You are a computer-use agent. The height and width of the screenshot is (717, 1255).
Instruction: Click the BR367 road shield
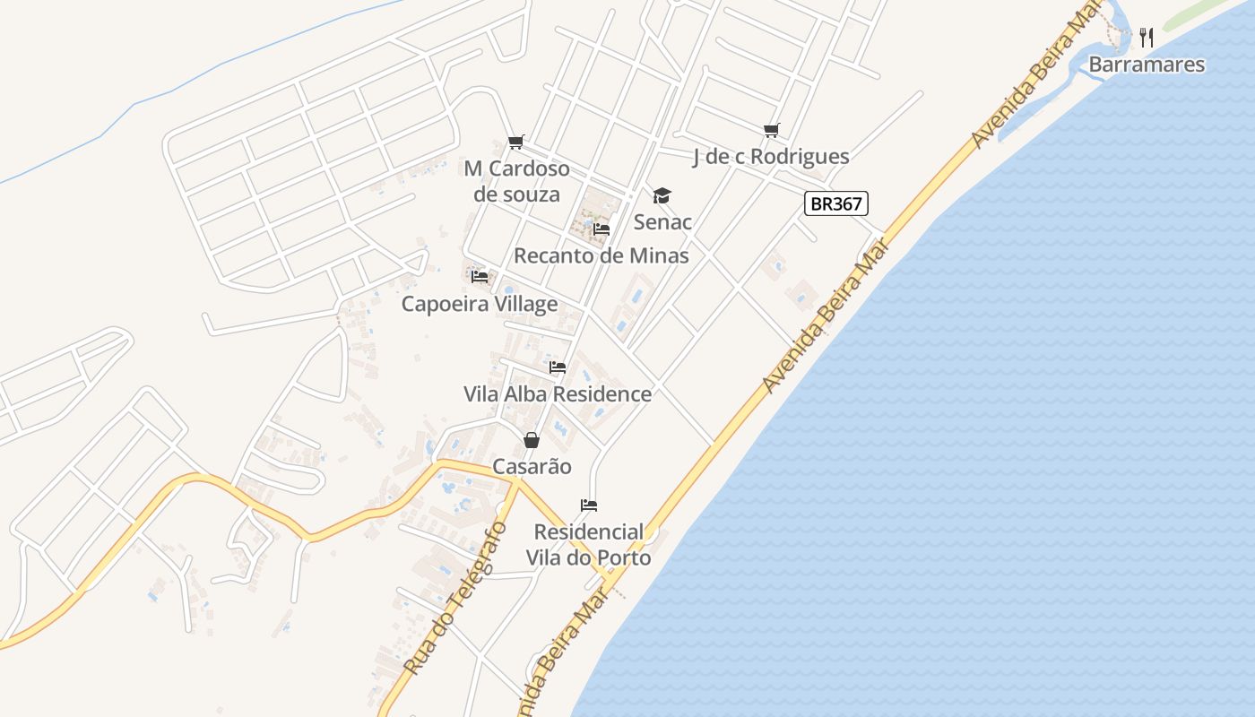pos(835,203)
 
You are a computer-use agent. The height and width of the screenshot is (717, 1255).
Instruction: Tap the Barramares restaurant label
pos(1147,65)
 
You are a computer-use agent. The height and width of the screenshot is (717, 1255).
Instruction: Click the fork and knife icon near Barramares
pos(1147,37)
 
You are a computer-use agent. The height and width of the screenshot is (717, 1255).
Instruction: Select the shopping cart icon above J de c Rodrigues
pos(772,131)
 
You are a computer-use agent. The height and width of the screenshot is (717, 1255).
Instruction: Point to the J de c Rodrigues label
pos(771,157)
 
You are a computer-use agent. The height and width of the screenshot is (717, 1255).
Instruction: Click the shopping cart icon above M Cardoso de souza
pos(515,143)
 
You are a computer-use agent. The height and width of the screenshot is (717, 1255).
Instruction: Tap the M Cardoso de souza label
pos(516,181)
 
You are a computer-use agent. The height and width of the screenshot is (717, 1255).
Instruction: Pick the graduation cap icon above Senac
pos(662,195)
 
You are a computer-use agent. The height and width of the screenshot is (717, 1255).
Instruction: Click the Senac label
pos(662,221)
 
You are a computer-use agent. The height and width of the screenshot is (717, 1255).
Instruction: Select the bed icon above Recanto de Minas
pos(602,229)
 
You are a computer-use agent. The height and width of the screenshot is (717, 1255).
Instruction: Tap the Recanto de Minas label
pos(601,255)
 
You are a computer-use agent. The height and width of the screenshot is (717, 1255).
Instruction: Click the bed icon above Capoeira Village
pos(480,277)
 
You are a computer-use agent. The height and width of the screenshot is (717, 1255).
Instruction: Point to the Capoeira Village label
pos(479,304)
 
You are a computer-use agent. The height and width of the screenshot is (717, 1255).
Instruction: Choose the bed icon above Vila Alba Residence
pos(558,367)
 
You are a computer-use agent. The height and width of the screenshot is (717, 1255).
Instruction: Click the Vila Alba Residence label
pos(557,394)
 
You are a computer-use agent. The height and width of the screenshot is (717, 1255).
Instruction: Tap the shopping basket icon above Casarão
pos(532,440)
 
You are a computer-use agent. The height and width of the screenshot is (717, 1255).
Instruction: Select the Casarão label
pos(532,467)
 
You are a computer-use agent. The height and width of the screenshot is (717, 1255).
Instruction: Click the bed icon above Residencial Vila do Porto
pos(589,505)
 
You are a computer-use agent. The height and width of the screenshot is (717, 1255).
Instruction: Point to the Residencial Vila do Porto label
pos(588,545)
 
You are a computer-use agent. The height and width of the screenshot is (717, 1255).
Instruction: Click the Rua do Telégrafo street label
pos(456,599)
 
